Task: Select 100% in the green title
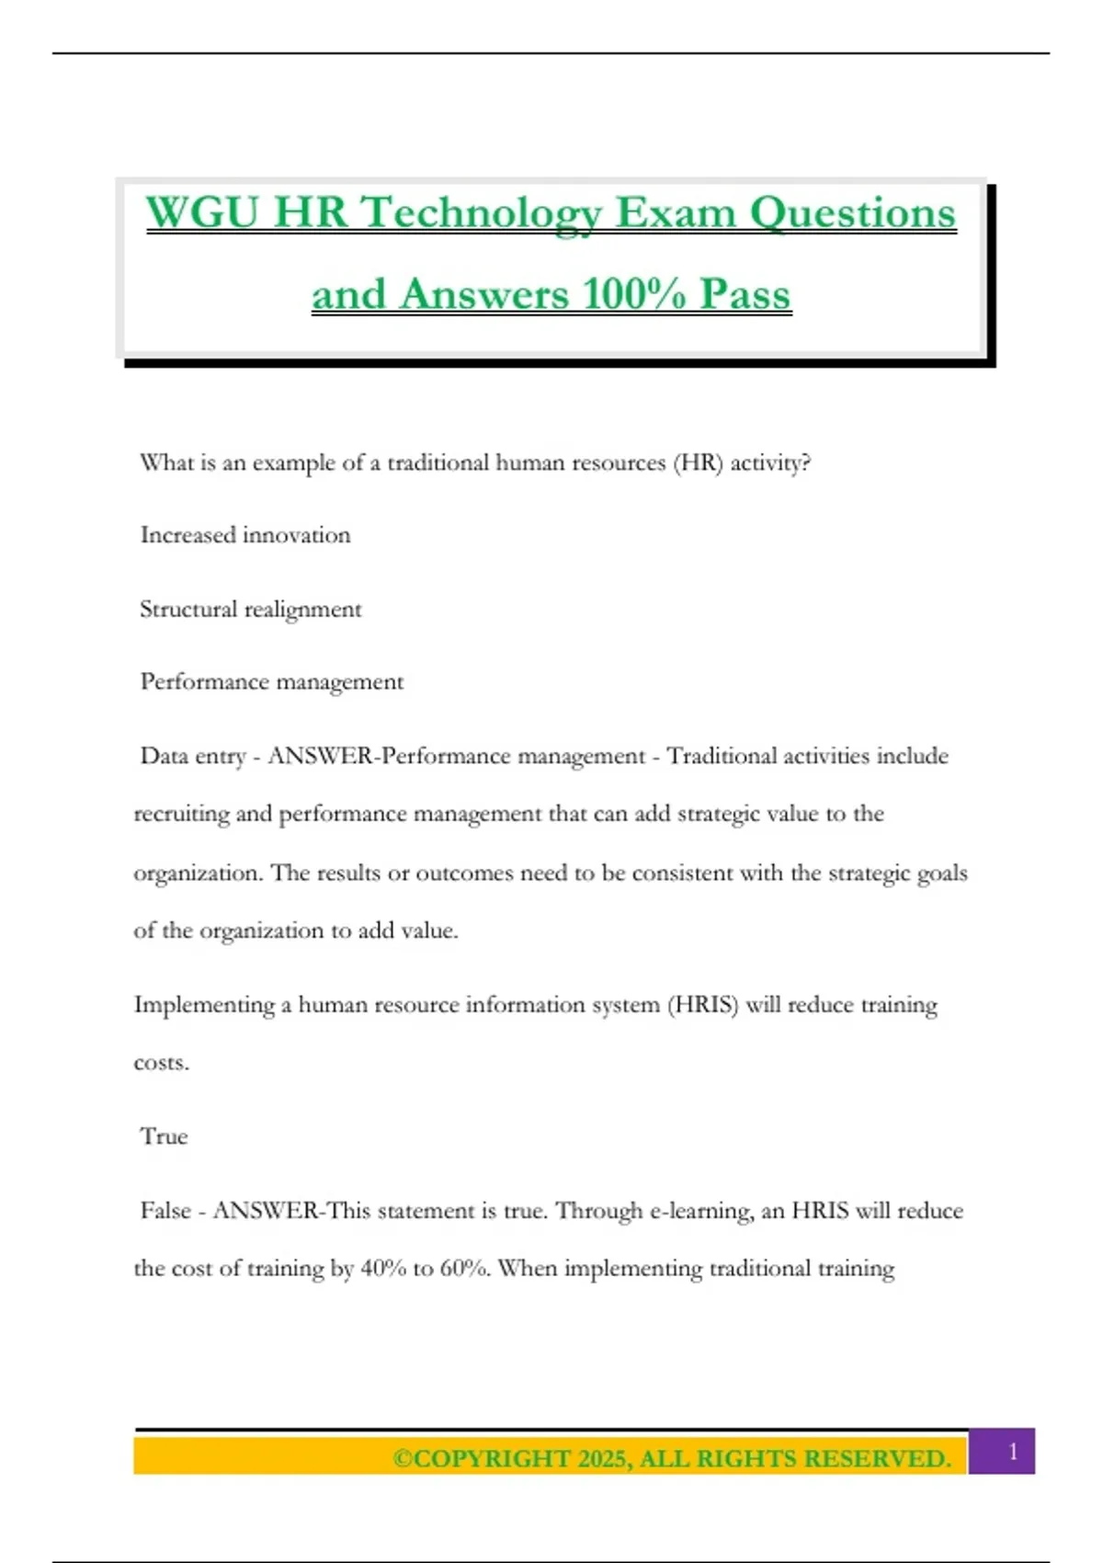click(634, 294)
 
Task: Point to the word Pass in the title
click(745, 294)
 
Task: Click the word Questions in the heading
click(853, 212)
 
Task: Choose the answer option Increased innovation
click(245, 535)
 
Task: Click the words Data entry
click(193, 756)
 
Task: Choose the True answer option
click(164, 1136)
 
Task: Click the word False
click(165, 1211)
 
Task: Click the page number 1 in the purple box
click(1013, 1452)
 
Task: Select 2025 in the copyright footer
click(603, 1459)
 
